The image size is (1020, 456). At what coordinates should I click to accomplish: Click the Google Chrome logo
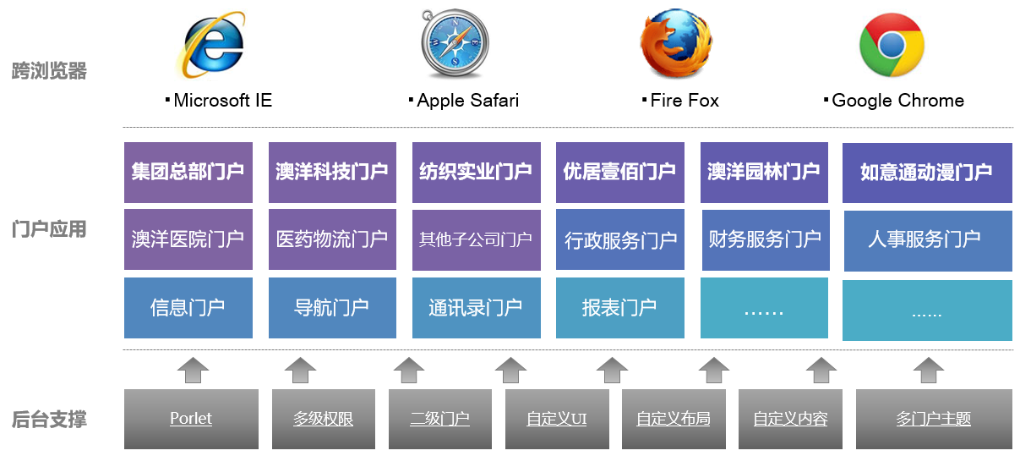tap(892, 45)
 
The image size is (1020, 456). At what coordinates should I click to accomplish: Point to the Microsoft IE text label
tap(222, 101)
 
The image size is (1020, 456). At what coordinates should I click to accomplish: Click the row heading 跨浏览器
tap(49, 71)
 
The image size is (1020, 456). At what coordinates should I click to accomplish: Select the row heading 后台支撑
tap(49, 419)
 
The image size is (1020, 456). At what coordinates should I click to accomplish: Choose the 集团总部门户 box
tap(188, 173)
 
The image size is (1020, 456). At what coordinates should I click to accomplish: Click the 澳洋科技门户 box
tap(332, 173)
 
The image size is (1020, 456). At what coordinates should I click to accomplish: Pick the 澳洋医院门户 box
tap(188, 239)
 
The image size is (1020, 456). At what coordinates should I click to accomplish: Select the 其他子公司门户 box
tap(476, 239)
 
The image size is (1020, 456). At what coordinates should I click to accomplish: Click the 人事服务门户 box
tap(927, 240)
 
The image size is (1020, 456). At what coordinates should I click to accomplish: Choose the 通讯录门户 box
tap(476, 307)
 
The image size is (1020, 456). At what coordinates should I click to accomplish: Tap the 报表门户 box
tap(619, 307)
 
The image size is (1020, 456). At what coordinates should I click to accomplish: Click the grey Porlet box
tap(191, 419)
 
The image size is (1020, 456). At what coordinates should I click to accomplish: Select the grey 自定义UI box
tap(556, 419)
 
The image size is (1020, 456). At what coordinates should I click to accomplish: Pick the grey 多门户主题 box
tap(933, 419)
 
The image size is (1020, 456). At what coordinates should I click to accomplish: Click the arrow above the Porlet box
tap(193, 370)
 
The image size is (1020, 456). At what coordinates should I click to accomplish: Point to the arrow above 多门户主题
tap(929, 370)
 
